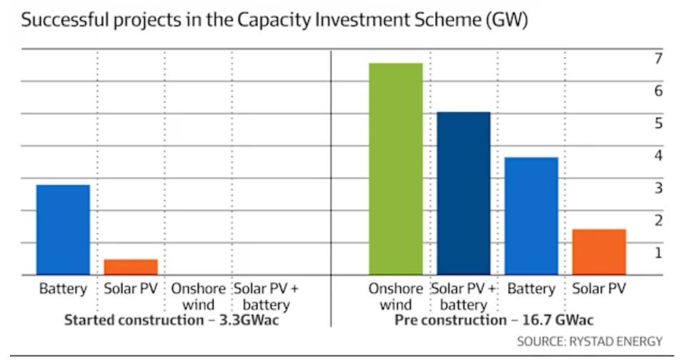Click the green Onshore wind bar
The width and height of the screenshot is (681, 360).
pyautogui.click(x=395, y=169)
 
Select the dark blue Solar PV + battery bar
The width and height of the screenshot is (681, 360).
pyautogui.click(x=463, y=193)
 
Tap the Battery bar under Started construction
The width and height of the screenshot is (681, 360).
pyautogui.click(x=63, y=229)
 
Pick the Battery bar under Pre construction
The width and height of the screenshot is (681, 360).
pyautogui.click(x=531, y=216)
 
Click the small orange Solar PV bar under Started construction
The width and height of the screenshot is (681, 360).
pyautogui.click(x=131, y=266)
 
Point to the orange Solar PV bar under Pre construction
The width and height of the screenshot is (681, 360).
pyautogui.click(x=599, y=251)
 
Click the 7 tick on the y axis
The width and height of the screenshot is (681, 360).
pyautogui.click(x=658, y=58)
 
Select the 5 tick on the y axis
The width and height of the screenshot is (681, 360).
pyautogui.click(x=658, y=123)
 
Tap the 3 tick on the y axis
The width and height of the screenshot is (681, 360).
pyautogui.click(x=658, y=187)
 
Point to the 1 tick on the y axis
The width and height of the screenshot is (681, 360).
pyautogui.click(x=658, y=252)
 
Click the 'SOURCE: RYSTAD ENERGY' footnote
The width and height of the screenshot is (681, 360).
pyautogui.click(x=590, y=341)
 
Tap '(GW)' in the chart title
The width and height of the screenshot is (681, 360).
pyautogui.click(x=505, y=21)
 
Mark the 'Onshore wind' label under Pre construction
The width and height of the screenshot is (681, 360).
pyautogui.click(x=395, y=296)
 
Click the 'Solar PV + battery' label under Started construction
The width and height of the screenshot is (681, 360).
pyautogui.click(x=267, y=296)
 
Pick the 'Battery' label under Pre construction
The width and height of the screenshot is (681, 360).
pyautogui.click(x=531, y=289)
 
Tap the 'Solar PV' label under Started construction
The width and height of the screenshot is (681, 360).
pyautogui.click(x=131, y=289)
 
